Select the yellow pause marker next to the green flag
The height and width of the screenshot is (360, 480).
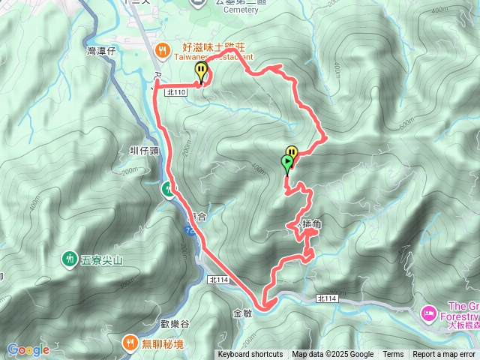292,153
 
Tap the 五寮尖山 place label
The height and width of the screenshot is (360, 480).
97,259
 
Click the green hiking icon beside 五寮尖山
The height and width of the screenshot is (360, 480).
69,259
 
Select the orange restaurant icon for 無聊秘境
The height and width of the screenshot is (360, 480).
128,343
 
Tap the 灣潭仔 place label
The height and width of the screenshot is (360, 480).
102,50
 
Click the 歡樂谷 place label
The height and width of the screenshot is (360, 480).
175,323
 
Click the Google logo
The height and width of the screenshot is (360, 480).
28,349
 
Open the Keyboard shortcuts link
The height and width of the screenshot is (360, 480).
250,355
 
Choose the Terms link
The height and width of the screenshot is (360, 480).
393,355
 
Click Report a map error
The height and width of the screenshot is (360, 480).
445,355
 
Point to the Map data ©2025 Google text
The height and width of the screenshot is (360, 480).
332,355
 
